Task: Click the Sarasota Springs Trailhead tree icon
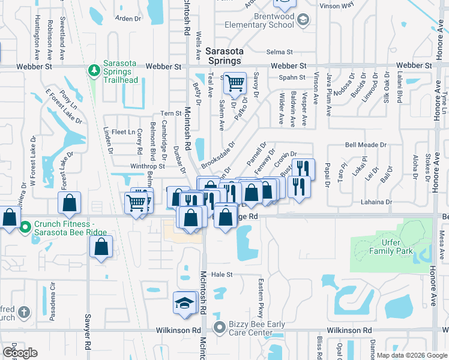coord(94,71)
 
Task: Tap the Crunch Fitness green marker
coord(25,227)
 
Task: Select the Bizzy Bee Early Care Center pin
coord(220,328)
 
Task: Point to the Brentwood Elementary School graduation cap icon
coord(304,20)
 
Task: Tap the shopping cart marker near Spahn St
coord(235,83)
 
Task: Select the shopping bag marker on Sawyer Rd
coord(101,246)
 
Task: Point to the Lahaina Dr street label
coord(376,202)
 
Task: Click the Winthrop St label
coord(148,167)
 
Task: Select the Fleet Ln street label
coord(122,132)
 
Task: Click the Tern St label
coord(171,113)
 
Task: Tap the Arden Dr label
coord(127,19)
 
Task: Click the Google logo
coord(19,353)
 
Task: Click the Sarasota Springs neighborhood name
coord(223,56)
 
